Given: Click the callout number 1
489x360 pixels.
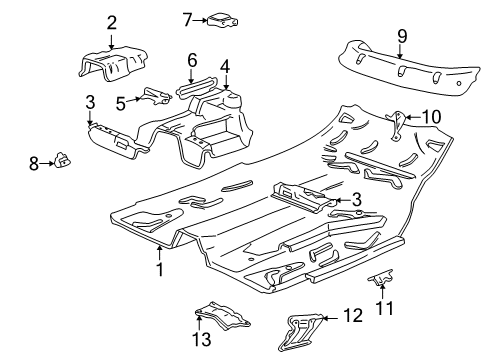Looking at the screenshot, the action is click(160, 269).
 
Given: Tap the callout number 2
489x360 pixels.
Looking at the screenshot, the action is click(112, 23).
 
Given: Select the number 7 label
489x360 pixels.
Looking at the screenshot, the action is click(187, 20).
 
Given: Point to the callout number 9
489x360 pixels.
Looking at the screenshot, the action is click(402, 36).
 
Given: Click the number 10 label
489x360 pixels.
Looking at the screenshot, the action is click(431, 117).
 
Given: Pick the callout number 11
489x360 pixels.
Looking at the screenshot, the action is click(385, 308).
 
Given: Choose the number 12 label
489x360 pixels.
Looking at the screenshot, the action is click(353, 315).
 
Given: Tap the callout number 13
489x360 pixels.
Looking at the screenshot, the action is click(201, 339).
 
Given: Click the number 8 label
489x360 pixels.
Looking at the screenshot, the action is click(34, 164).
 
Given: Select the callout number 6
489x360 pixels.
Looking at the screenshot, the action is click(192, 60).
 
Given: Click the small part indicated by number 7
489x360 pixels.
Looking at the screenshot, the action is click(223, 19).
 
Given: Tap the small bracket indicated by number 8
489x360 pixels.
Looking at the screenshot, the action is click(63, 160).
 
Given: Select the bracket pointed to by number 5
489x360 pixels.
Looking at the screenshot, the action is click(156, 96).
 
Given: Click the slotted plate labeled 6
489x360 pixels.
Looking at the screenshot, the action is click(197, 88).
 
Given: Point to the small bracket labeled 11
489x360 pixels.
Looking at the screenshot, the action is click(381, 277).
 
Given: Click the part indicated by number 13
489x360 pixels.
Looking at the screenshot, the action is click(222, 315).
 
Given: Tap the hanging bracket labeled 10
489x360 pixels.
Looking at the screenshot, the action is click(396, 125).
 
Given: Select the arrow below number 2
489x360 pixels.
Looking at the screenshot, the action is click(111, 42).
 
